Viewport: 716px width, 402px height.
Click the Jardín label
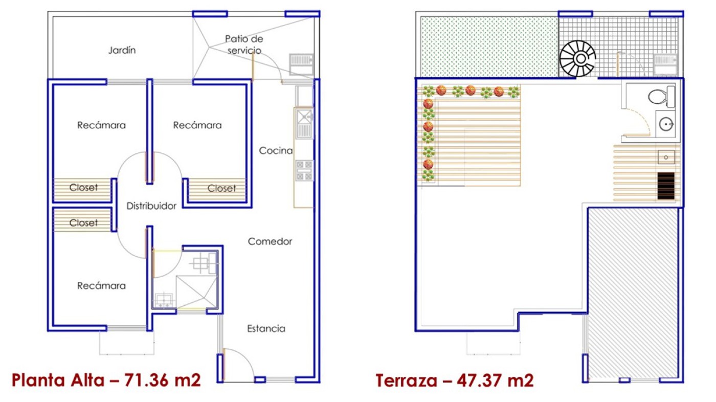click(x=122, y=50)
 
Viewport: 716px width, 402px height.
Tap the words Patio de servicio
click(x=244, y=44)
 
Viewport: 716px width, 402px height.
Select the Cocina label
click(x=276, y=150)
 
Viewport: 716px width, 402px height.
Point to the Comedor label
click(x=270, y=241)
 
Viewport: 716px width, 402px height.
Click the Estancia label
click(x=266, y=328)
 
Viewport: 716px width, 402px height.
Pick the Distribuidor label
click(x=151, y=206)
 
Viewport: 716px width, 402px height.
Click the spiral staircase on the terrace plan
click(x=577, y=58)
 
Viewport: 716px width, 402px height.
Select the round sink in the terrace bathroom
click(x=666, y=123)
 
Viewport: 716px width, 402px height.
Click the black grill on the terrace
click(x=666, y=186)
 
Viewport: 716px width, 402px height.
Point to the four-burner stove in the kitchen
click(x=304, y=170)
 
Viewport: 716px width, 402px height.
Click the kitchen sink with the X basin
click(x=304, y=123)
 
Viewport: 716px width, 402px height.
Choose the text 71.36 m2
click(x=163, y=381)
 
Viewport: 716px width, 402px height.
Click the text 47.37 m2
click(x=495, y=381)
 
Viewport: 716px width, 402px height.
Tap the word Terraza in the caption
click(x=406, y=381)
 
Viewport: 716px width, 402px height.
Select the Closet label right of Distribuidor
click(x=221, y=189)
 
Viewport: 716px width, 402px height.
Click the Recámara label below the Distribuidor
click(x=101, y=286)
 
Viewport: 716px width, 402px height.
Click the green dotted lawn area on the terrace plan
click(x=489, y=47)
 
